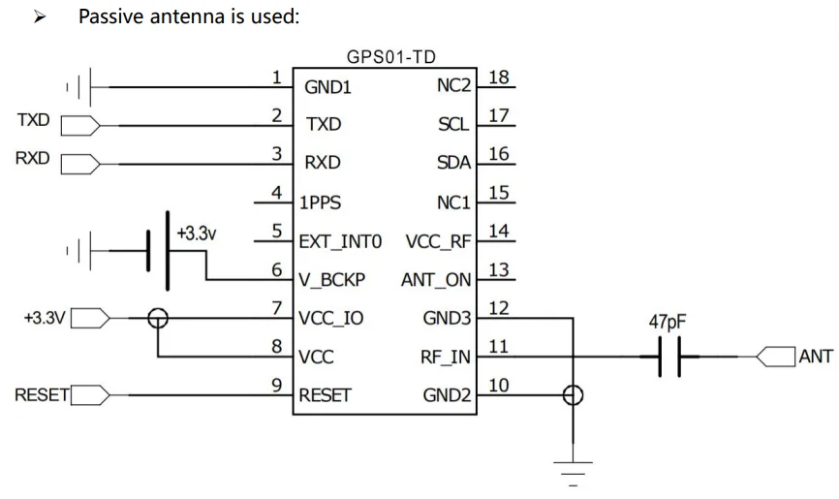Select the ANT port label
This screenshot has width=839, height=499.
(x=816, y=358)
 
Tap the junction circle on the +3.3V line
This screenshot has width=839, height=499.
(x=156, y=317)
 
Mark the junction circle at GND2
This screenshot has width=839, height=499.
(x=574, y=395)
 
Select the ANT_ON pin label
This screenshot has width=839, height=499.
(x=437, y=281)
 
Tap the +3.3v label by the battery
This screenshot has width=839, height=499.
(x=197, y=234)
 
